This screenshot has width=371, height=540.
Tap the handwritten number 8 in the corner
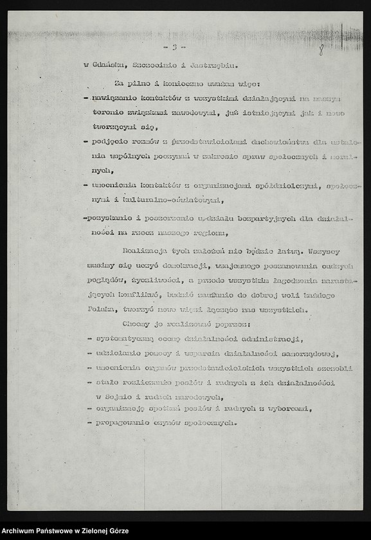click(x=320, y=49)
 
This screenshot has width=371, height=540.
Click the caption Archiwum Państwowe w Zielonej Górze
click(x=65, y=531)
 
